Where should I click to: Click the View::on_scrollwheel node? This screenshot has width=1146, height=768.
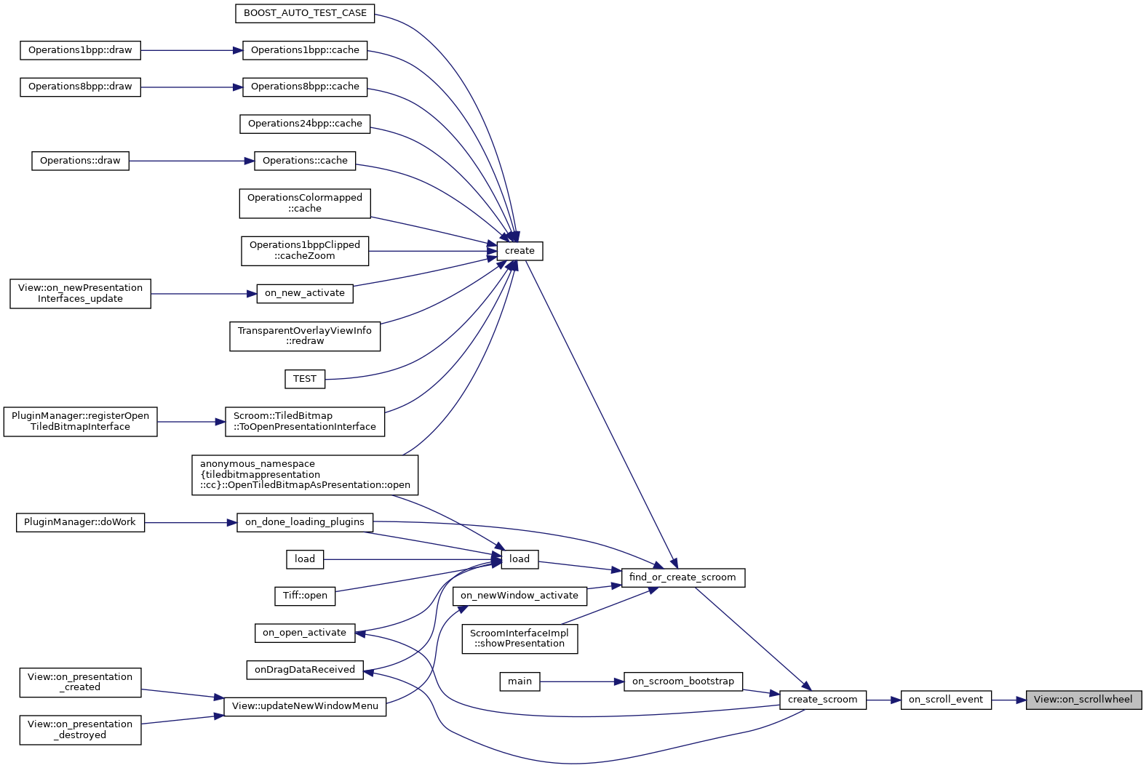point(1083,700)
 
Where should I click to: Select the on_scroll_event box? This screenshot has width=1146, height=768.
point(945,700)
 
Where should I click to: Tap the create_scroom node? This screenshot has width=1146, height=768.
point(822,700)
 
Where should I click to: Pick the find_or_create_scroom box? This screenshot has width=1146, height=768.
point(683,577)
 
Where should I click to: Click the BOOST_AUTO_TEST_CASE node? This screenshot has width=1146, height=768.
point(305,13)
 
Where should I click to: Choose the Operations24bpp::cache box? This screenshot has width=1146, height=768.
point(305,124)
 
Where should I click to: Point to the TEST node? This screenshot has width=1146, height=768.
point(305,379)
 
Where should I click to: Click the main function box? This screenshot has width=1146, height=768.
point(520,681)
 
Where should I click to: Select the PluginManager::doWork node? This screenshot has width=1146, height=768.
point(80,522)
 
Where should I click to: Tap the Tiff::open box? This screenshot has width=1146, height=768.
point(305,596)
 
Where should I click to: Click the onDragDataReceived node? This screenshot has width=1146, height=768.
point(305,670)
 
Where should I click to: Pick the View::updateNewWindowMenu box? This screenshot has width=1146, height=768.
point(305,706)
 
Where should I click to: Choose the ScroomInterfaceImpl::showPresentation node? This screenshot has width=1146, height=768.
point(520,639)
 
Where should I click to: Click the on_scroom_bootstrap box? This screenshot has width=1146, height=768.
point(683,681)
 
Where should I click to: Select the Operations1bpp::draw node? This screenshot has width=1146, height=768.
point(80,50)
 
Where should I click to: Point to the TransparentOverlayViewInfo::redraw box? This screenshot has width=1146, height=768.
point(305,336)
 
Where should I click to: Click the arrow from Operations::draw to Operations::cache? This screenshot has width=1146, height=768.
point(191,161)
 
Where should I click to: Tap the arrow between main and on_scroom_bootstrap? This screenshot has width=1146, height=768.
point(582,681)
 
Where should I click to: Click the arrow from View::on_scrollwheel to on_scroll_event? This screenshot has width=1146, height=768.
point(1008,700)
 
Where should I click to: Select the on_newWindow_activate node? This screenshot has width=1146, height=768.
point(520,596)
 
